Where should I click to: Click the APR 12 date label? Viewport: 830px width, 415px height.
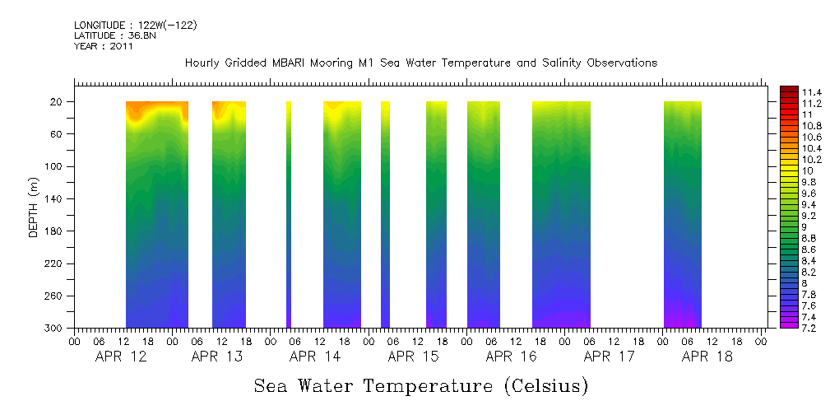[x=120, y=357]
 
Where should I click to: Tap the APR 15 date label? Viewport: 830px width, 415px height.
[x=413, y=357]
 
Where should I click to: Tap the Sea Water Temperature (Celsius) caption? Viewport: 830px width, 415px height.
[x=420, y=385]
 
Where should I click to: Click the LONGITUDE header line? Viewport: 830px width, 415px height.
[x=135, y=26]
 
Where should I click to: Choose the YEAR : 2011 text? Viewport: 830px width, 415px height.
[x=104, y=46]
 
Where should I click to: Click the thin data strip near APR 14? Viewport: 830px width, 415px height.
[x=288, y=214]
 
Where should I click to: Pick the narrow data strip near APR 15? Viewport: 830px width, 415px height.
[x=385, y=214]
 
